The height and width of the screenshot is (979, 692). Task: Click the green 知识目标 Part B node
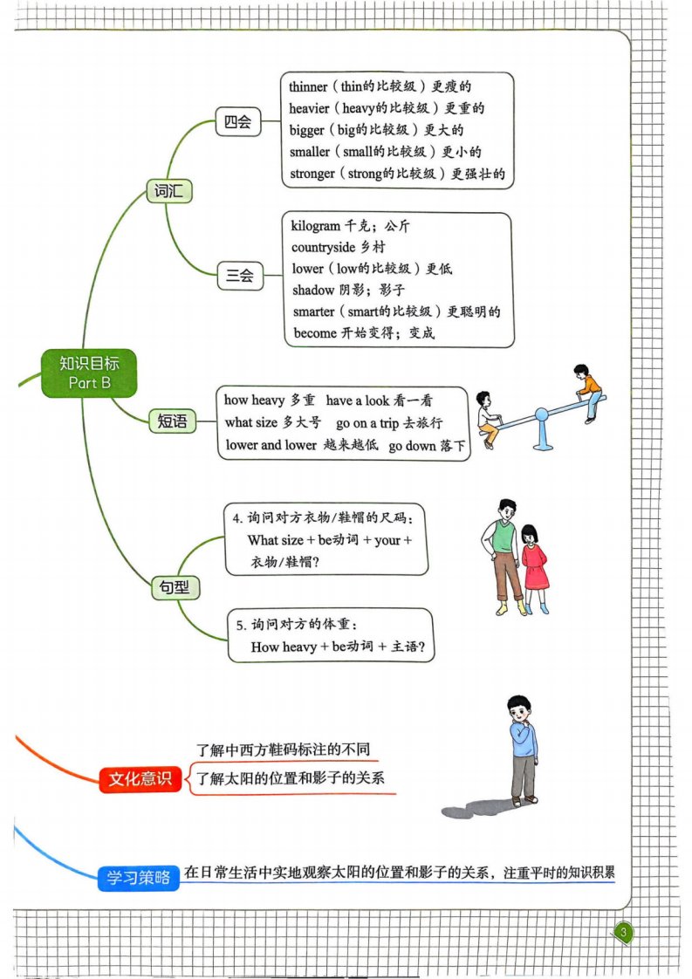pyautogui.click(x=89, y=373)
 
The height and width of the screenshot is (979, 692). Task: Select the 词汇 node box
pyautogui.click(x=168, y=191)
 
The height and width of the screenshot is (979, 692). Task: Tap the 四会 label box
pyautogui.click(x=238, y=122)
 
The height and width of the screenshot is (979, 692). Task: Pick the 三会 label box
pyautogui.click(x=240, y=276)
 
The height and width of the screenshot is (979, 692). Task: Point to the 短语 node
pyautogui.click(x=173, y=421)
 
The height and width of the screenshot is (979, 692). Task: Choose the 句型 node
pyautogui.click(x=175, y=587)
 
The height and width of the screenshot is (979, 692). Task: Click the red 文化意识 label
pyautogui.click(x=140, y=778)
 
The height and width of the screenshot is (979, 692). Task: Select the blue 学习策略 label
pyautogui.click(x=139, y=877)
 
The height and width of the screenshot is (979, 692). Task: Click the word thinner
pyautogui.click(x=308, y=86)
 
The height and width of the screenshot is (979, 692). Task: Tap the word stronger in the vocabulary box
pyautogui.click(x=312, y=174)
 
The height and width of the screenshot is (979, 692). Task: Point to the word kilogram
pyautogui.click(x=315, y=226)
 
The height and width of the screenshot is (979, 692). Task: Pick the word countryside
pyautogui.click(x=323, y=247)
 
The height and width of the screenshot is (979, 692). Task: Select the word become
pyautogui.click(x=315, y=333)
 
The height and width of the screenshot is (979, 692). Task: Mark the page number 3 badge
pyautogui.click(x=623, y=933)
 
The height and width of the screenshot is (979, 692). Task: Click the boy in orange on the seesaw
pyautogui.click(x=588, y=394)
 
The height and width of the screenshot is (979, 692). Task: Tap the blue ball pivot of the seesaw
pyautogui.click(x=542, y=414)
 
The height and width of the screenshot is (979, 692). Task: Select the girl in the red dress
pyautogui.click(x=534, y=567)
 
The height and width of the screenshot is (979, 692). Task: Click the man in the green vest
pyautogui.click(x=504, y=557)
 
